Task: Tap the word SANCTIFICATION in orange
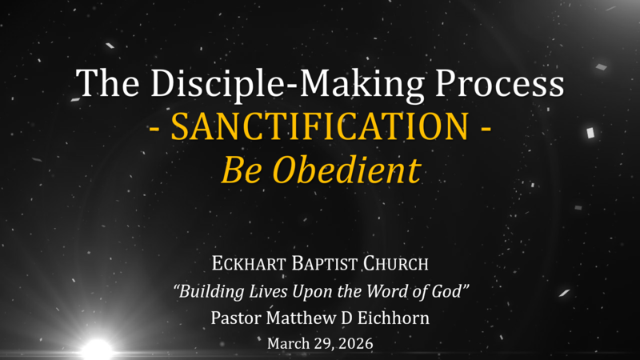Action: click(x=319, y=128)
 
